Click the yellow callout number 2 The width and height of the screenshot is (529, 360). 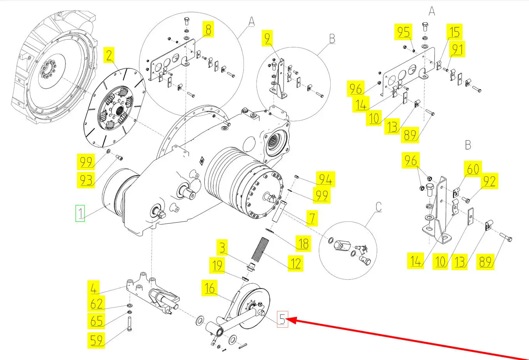point(109,55)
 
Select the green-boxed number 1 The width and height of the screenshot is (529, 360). point(80,213)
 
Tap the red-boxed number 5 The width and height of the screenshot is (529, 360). point(282,319)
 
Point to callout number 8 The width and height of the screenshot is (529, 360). point(208,29)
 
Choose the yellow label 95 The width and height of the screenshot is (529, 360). point(403,32)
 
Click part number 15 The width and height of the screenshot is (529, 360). point(454,32)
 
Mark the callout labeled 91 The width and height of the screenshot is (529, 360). point(457,49)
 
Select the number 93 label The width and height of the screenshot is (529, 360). point(86,180)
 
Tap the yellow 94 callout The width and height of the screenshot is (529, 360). point(326,179)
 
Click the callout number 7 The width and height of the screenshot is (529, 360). point(312,218)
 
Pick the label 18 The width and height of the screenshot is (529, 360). point(303,244)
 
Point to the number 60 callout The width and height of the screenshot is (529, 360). point(473,169)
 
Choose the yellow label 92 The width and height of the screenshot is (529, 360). point(490,181)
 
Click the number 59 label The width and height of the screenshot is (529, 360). point(96,341)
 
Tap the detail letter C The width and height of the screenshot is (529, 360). point(378,207)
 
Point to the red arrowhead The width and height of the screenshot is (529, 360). point(291,320)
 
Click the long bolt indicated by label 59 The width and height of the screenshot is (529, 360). point(130,324)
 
